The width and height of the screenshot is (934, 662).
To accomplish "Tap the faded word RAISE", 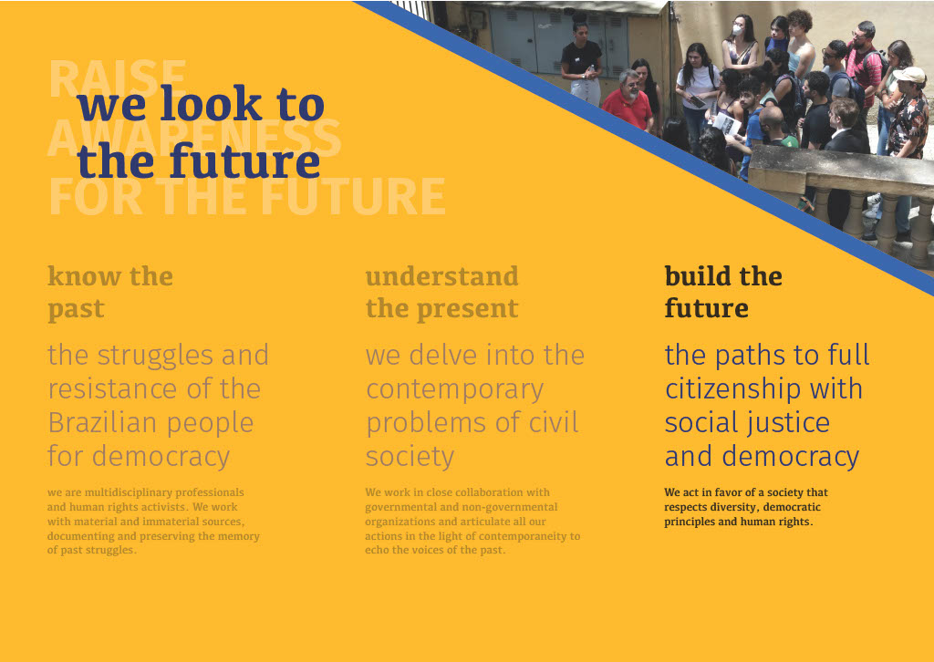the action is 118,78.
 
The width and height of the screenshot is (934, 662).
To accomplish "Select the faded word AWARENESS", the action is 194,138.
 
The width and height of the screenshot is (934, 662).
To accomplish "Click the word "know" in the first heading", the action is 85,276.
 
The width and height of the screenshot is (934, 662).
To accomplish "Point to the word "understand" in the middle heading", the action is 442,276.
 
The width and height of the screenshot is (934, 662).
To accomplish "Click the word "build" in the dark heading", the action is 698,276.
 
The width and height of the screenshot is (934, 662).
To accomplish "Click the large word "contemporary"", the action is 454,390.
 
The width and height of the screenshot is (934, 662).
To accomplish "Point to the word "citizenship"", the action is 732,390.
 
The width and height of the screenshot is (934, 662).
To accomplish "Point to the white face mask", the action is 737,30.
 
